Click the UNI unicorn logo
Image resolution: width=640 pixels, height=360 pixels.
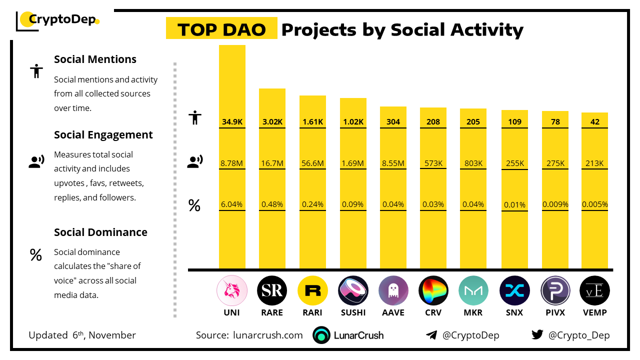pos(232,290)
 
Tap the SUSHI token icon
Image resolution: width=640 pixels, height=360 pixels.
pos(353,290)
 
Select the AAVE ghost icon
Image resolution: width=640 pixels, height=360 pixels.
pos(393,290)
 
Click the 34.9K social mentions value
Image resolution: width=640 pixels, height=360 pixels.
pos(232,121)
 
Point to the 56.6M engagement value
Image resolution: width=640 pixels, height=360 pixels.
pos(312,163)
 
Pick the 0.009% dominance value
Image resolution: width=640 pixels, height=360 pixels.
pos(555,204)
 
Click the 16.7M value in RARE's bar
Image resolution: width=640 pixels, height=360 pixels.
pos(272,163)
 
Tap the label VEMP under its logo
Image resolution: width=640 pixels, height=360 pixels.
pos(594,312)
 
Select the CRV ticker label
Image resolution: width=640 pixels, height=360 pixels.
pos(433,312)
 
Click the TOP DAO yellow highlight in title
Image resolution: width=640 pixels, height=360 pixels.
pos(221,29)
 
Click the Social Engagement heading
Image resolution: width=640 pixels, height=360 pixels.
pos(103,135)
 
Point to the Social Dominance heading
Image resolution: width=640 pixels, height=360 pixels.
pos(100,232)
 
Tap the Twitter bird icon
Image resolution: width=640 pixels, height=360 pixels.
pos(537,335)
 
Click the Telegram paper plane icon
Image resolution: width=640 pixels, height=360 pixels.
pos(431,335)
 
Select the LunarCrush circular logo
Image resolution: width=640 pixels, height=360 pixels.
pos(321,335)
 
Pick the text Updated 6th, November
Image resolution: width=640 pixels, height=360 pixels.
pos(82,335)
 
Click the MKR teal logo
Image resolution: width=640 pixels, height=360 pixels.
pos(473,290)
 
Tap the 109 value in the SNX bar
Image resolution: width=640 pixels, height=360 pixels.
pos(514,121)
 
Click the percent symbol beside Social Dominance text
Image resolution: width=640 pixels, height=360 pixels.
pos(35,255)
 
